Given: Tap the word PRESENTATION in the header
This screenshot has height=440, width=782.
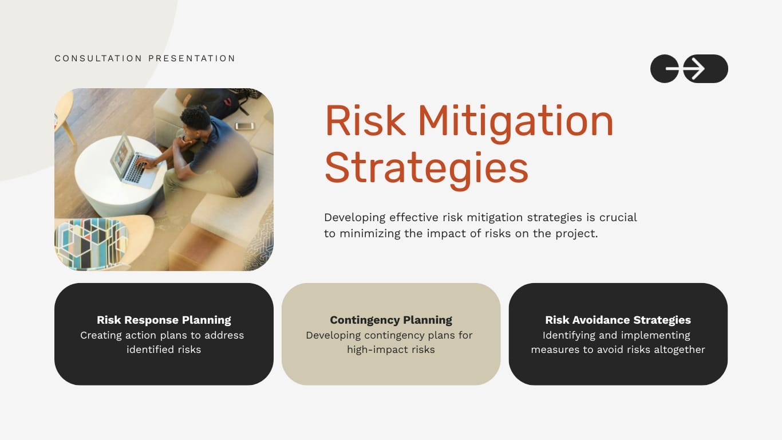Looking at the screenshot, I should pos(192,58).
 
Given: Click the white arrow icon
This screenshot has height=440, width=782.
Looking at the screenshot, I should pos(694,69).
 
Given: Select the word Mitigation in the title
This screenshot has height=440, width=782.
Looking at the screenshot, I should pos(515,121).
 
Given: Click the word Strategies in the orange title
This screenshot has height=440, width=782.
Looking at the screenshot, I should pos(426,167).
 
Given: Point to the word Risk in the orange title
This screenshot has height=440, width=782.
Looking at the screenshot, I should pos(365,121).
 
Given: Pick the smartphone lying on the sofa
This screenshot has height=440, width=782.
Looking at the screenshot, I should pos(244,126).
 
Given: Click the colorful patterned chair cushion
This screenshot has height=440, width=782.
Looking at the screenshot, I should pos(90,243).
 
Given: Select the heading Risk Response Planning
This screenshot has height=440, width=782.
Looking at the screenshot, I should pos(164,320).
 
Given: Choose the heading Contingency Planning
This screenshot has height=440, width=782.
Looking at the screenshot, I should pos(391,320).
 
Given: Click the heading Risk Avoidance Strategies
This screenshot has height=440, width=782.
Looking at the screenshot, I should pos(618,320).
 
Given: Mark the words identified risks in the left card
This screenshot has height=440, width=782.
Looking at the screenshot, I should pos(164,349).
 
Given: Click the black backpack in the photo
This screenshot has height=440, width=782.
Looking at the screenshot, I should pos(216,102).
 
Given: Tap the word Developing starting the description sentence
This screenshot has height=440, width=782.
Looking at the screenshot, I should pos(354,218).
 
